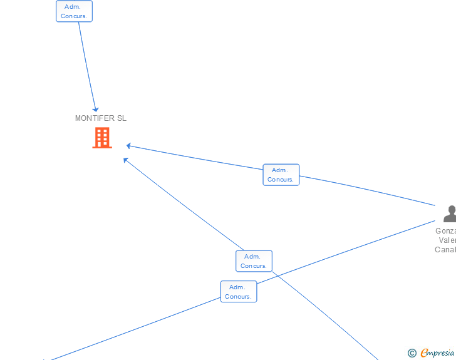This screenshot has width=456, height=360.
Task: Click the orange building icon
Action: click(102, 138)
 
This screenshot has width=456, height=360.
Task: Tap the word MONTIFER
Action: click(95, 118)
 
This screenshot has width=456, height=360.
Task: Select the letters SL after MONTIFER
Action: click(122, 118)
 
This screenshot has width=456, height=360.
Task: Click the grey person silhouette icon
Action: click(450, 213)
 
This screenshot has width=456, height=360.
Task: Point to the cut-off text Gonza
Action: click(445, 230)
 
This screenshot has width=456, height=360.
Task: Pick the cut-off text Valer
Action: click(447, 240)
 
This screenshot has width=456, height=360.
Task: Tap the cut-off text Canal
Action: click(445, 250)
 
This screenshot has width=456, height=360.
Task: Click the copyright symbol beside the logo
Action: click(412, 353)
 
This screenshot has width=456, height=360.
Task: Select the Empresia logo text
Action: click(437, 352)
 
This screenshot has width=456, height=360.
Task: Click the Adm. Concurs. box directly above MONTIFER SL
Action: click(74, 11)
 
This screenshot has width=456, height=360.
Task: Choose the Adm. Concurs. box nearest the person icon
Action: click(281, 175)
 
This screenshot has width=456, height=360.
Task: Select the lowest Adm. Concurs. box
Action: click(238, 292)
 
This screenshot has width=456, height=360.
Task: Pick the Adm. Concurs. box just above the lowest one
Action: click(254, 261)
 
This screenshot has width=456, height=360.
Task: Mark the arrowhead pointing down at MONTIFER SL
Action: click(96, 110)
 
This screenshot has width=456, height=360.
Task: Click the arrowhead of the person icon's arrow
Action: click(128, 146)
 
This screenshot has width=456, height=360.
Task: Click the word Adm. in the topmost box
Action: click(73, 7)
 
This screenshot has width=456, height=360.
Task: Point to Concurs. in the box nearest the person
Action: click(281, 180)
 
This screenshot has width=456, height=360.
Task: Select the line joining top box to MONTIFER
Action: click(86, 63)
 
